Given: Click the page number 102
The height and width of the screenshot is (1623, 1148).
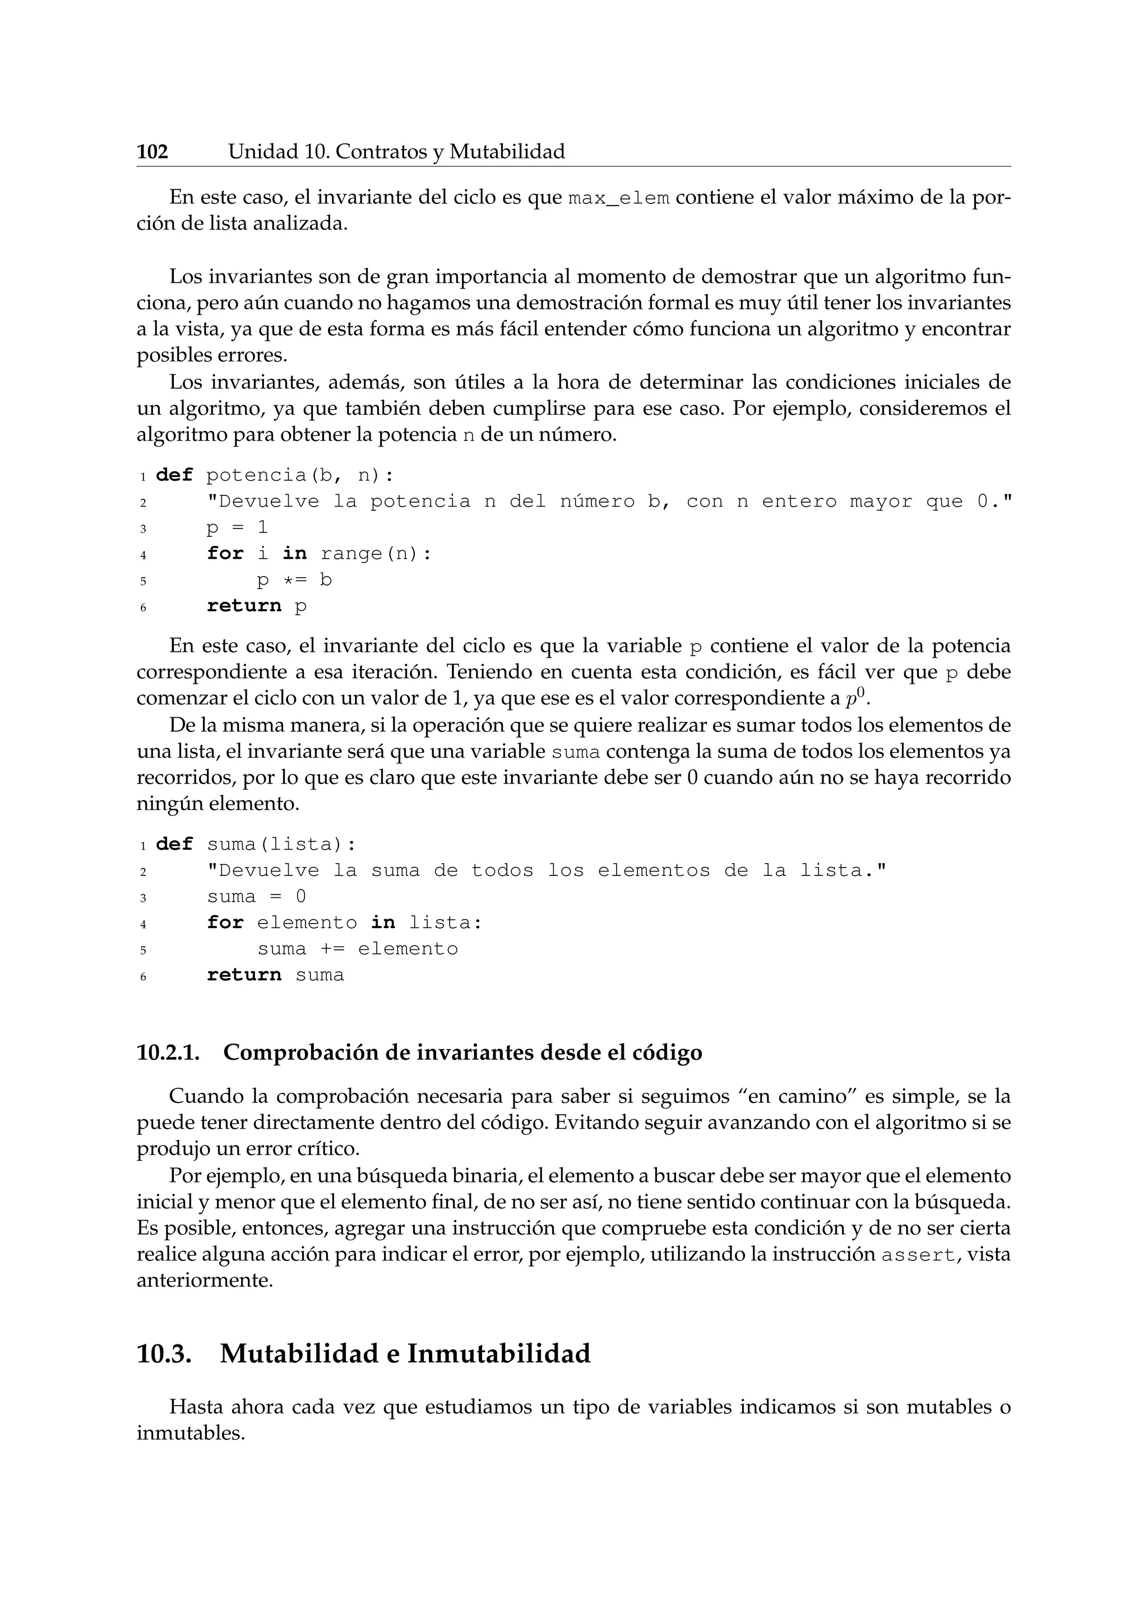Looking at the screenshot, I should [152, 152].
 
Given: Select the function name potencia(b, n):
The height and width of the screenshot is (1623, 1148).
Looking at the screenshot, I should [300, 475].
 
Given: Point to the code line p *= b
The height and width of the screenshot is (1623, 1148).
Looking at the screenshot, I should [294, 581].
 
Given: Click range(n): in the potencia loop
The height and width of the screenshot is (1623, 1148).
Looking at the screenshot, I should [376, 554].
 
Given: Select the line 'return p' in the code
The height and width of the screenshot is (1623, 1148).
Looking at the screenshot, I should [257, 606].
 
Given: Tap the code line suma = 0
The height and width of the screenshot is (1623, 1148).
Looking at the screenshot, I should [257, 897].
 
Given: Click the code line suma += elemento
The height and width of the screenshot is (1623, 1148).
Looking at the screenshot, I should [358, 949].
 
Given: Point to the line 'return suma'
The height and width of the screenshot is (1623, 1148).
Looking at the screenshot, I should [275, 976].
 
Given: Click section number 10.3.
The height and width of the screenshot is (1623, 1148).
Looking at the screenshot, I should [164, 1353].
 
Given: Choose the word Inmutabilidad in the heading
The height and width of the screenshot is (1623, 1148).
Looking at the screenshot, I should [498, 1353].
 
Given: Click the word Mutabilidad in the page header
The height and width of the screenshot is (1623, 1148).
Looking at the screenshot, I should [507, 152].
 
